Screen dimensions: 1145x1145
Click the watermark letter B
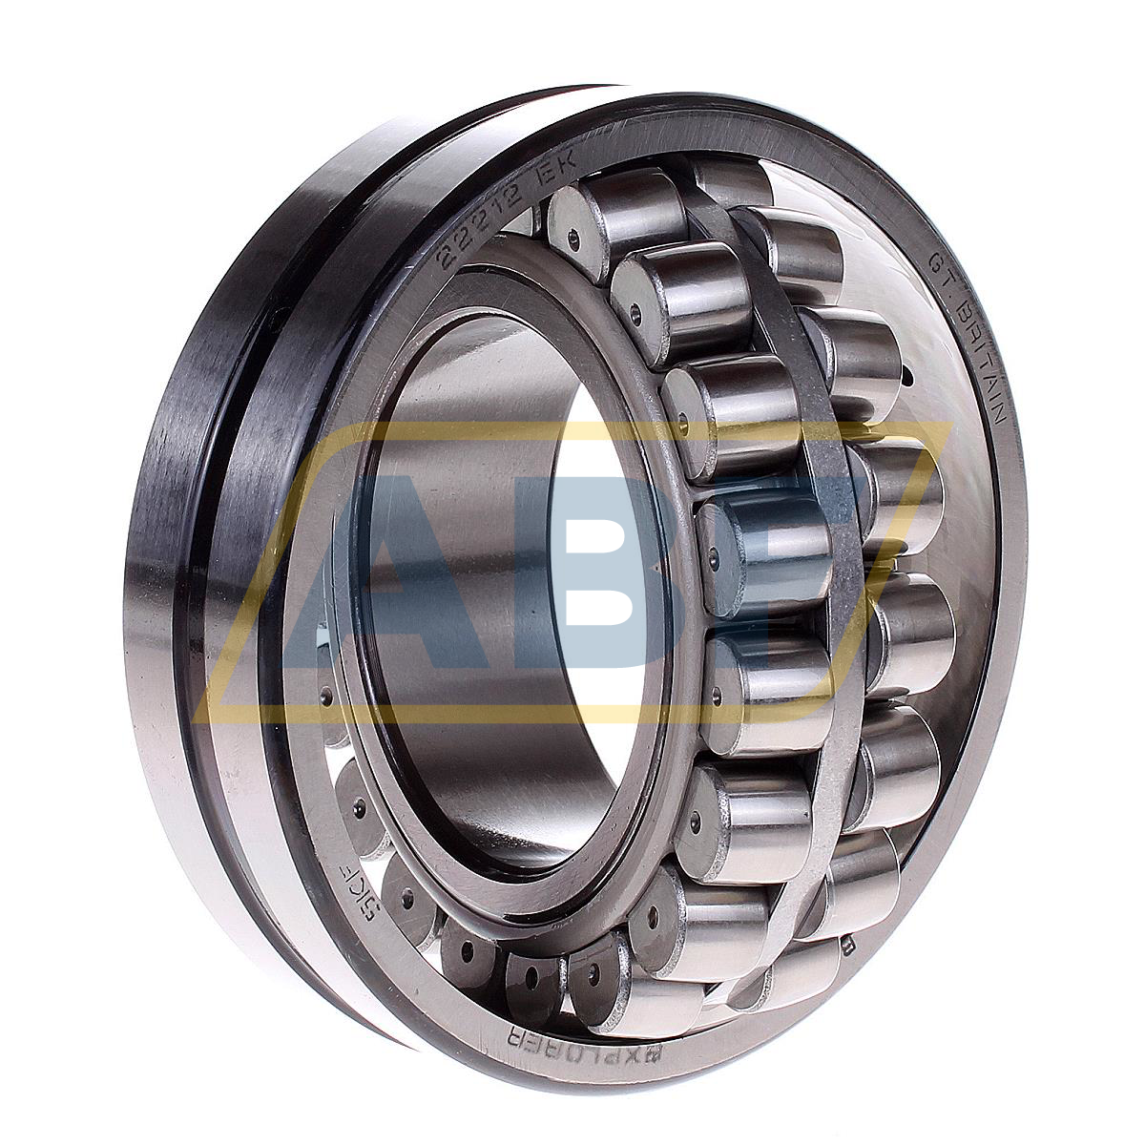(x=611, y=572)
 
